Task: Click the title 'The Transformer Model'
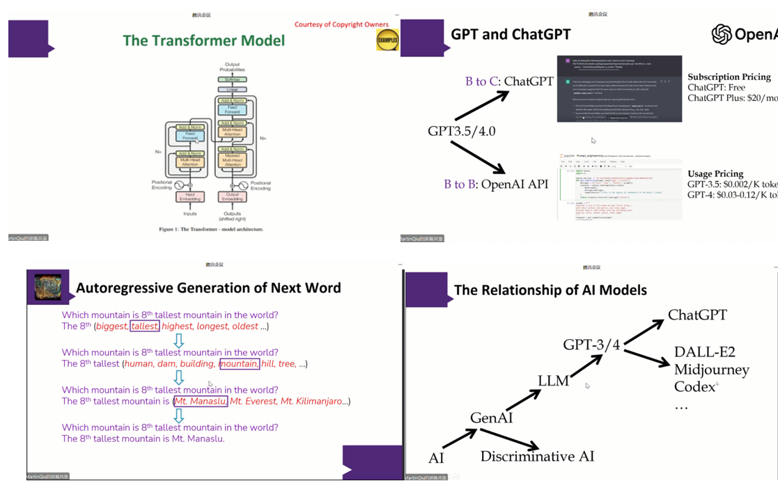click(204, 40)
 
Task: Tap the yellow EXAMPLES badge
click(387, 40)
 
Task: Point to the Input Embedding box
click(189, 197)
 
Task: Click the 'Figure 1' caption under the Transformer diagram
click(210, 229)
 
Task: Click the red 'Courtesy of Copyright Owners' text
click(341, 25)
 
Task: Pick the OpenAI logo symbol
click(722, 34)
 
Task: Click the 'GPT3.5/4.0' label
click(462, 131)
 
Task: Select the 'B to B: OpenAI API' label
click(496, 184)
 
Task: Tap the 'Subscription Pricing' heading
click(729, 77)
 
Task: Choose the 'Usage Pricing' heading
click(715, 173)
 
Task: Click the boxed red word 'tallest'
click(145, 326)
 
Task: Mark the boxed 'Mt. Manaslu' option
click(200, 402)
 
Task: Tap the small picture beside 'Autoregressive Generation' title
click(48, 287)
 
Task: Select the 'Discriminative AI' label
click(537, 457)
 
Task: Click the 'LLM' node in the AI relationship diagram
click(553, 381)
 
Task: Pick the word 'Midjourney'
click(711, 370)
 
